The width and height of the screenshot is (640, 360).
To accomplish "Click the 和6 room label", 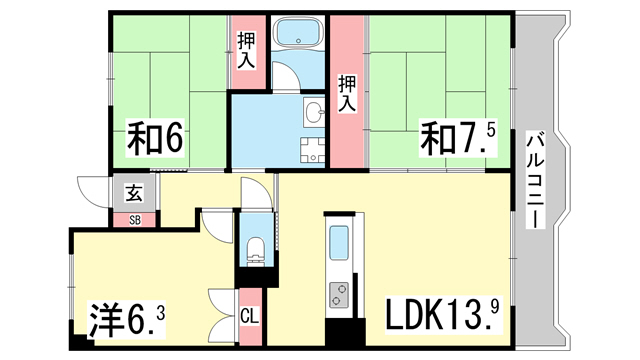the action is coord(155,138).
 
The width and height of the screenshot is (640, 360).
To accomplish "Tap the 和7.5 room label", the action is coord(458,138).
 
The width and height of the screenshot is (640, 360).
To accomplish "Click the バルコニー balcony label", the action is coord(535,180).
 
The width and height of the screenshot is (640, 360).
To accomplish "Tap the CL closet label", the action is coord(250,316).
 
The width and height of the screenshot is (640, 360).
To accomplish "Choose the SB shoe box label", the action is coord(135,220).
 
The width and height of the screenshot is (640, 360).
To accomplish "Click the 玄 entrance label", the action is coord(134,193).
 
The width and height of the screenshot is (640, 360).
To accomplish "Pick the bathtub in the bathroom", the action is coord(298,32).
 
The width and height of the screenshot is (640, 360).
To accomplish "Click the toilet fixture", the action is coord(256,251).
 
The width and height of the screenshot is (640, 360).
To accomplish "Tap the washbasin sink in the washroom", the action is coord(314,112).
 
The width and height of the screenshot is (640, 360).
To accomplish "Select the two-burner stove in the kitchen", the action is coord(339,295).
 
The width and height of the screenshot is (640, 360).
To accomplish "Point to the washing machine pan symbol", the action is coord(313,150).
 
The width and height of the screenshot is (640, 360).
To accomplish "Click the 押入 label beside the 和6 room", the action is coord(247,51).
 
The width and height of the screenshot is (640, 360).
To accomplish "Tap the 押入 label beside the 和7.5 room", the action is coord(347,93).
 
